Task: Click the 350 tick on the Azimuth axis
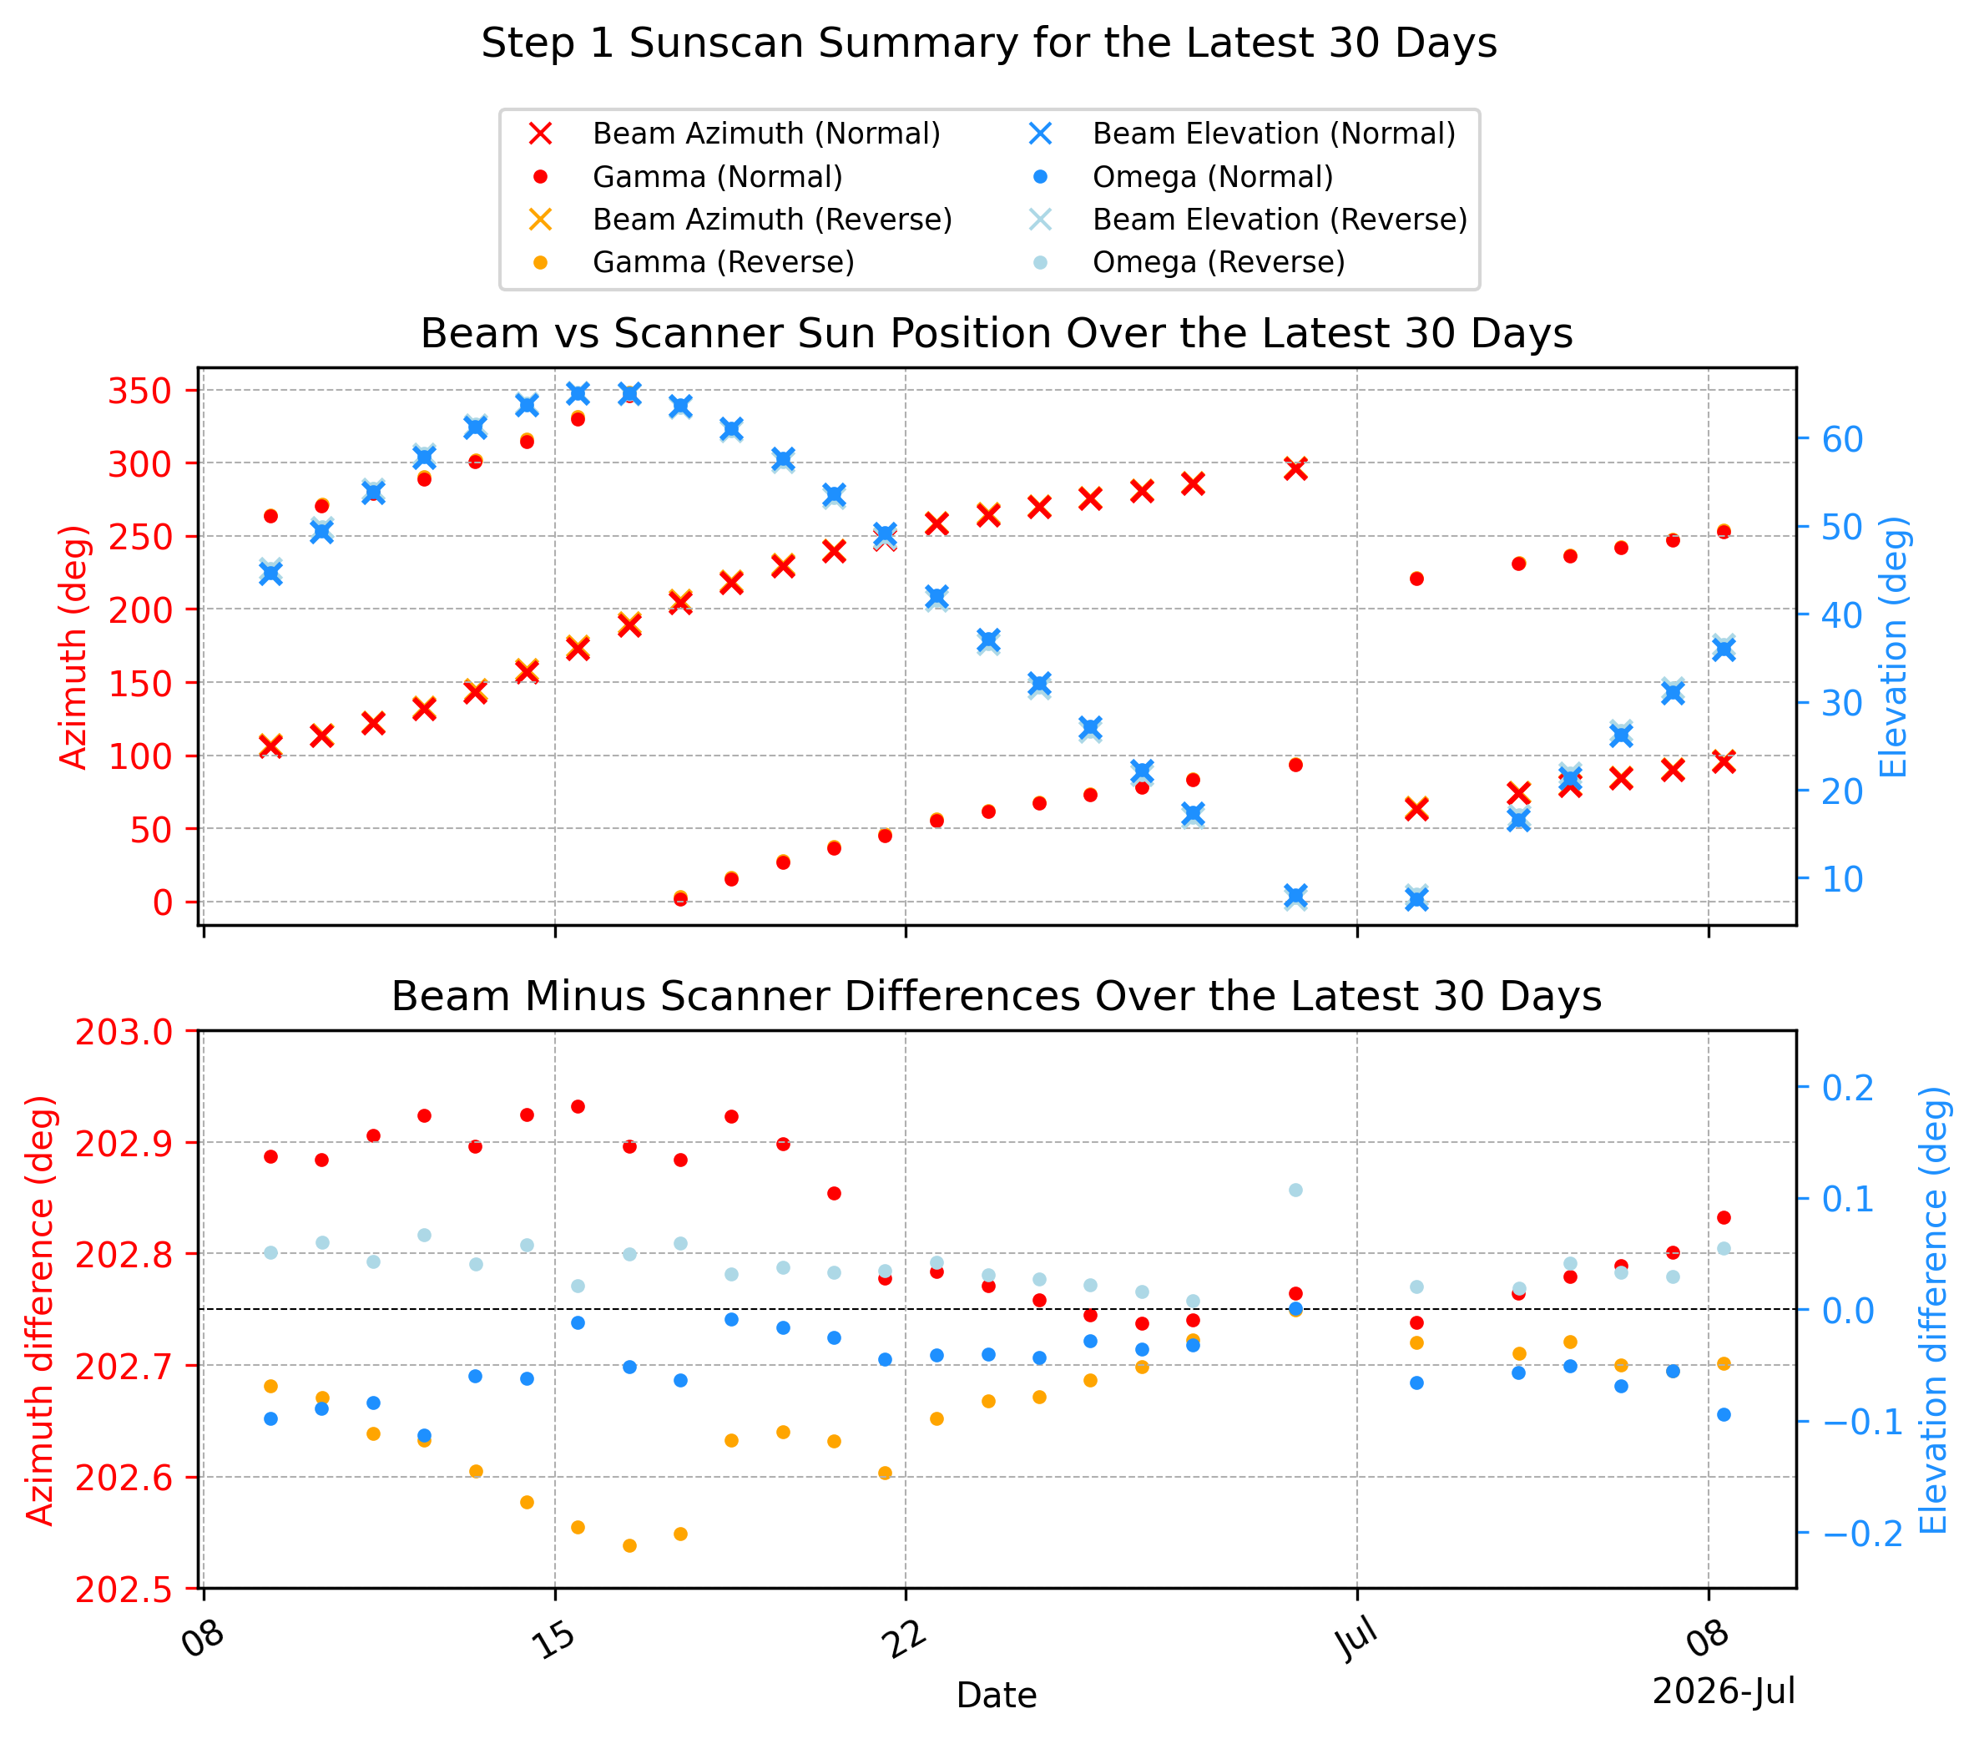click(139, 392)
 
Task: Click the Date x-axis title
click(997, 1695)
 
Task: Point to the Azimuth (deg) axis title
click(73, 647)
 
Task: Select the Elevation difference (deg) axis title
click(1933, 1310)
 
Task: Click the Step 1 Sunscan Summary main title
click(988, 43)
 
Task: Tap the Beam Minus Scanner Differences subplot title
click(997, 996)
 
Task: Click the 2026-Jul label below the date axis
click(1724, 1691)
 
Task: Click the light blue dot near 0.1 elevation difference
click(1295, 1190)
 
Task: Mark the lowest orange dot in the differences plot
click(629, 1546)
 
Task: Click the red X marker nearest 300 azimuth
click(1295, 468)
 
